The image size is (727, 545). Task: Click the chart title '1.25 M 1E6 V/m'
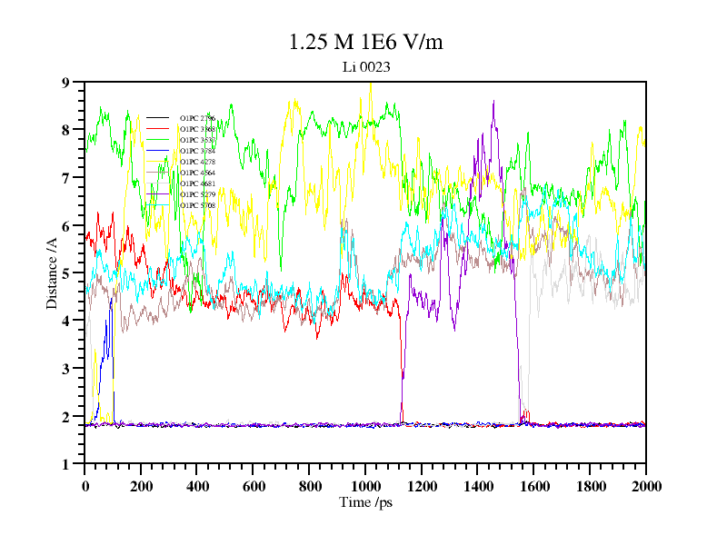point(365,43)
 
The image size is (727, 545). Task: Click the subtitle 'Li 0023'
point(365,66)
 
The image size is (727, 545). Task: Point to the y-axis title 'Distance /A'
point(53,272)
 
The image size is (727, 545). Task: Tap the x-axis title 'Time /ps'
point(365,501)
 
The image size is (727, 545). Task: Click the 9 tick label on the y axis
point(65,83)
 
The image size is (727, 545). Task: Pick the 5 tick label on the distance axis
point(65,273)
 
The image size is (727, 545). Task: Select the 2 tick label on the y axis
point(65,417)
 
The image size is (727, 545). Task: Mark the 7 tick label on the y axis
point(65,178)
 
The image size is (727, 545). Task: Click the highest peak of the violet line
point(493,102)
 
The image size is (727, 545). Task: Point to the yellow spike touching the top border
point(371,84)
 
